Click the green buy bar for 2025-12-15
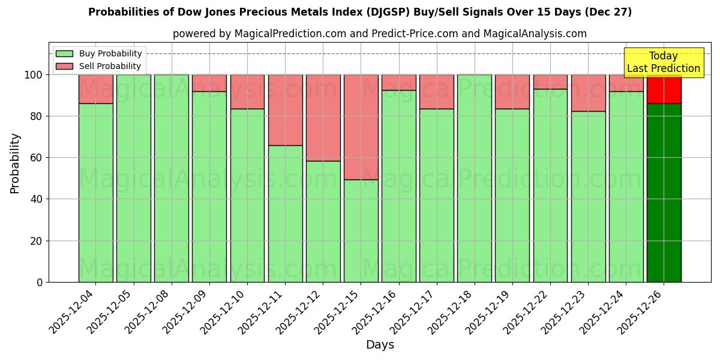361,231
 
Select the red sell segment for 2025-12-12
323,118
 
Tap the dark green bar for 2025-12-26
664,192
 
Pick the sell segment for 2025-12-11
285,110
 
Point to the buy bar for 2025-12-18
474,178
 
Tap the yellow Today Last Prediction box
663,62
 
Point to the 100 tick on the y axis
33,75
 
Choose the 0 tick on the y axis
39,282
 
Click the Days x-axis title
380,345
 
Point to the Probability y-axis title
15,163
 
